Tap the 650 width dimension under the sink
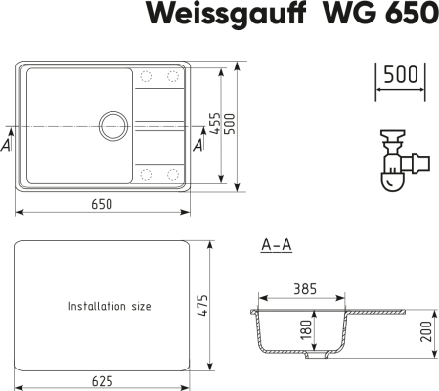click(x=101, y=204)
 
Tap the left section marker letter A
click(x=7, y=145)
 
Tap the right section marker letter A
click(x=198, y=145)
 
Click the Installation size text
click(x=110, y=306)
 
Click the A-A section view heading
click(x=276, y=246)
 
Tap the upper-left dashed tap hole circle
click(x=149, y=77)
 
